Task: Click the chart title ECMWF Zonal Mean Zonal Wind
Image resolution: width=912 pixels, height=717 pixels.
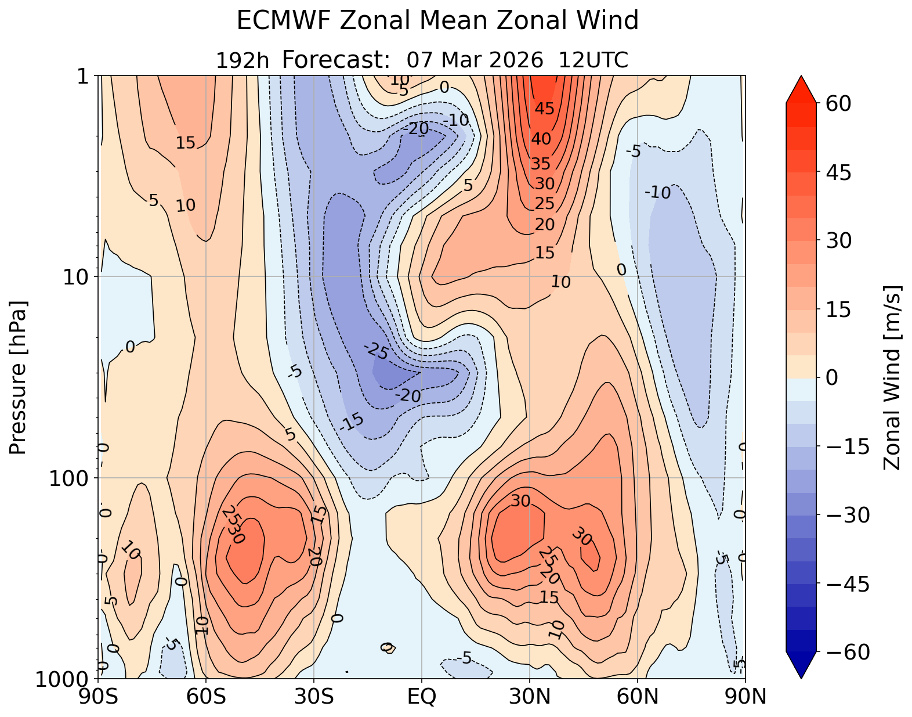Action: [x=437, y=21]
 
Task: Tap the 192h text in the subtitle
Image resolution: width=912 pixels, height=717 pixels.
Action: [x=243, y=60]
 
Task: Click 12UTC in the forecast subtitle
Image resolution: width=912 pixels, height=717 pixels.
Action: [x=593, y=60]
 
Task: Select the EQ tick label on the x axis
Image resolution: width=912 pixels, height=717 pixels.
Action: [x=422, y=696]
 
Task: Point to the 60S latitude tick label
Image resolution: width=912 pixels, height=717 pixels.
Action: [x=206, y=696]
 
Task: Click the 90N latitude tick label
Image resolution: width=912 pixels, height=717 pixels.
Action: [x=745, y=696]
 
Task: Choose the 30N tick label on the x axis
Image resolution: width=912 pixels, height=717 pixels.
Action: [x=530, y=696]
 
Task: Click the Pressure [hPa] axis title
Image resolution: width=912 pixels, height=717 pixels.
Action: [x=18, y=377]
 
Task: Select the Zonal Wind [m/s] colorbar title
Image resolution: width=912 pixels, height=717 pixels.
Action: [x=892, y=377]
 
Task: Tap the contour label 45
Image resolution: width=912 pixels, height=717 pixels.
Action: [x=545, y=109]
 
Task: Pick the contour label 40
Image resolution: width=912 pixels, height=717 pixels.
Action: [x=541, y=139]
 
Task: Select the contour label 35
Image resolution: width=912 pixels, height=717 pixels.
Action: [x=541, y=164]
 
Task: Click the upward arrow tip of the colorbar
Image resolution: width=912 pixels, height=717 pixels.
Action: [x=801, y=77]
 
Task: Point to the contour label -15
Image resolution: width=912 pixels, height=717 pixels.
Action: [x=351, y=422]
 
